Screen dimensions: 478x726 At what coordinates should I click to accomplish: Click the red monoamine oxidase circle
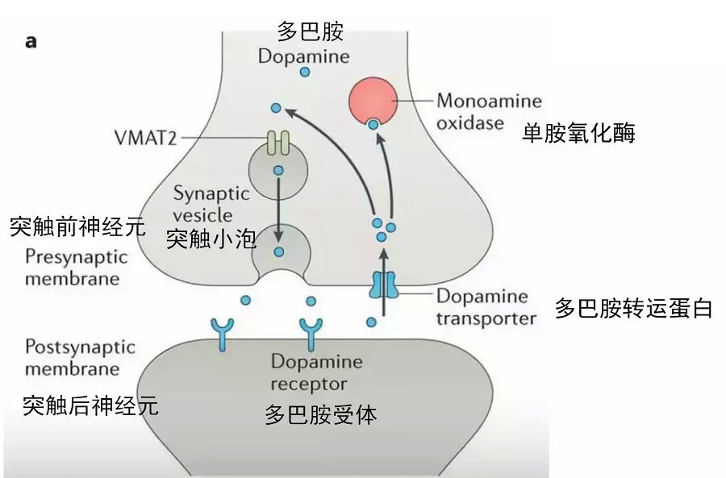click(x=373, y=100)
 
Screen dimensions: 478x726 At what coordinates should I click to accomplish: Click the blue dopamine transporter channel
click(x=384, y=285)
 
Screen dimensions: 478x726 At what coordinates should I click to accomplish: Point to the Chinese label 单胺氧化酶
click(x=578, y=132)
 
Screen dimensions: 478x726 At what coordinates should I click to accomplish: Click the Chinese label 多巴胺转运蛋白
click(x=633, y=308)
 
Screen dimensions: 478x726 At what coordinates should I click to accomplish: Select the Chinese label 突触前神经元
click(x=77, y=227)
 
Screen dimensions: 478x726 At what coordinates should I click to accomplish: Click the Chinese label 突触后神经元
click(x=90, y=405)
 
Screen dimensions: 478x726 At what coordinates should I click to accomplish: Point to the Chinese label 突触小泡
click(x=211, y=239)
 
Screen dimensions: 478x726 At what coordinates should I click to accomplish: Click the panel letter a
click(x=31, y=41)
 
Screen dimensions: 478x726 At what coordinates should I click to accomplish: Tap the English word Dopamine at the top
click(x=303, y=56)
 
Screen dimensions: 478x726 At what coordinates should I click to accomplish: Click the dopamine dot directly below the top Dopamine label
click(x=305, y=73)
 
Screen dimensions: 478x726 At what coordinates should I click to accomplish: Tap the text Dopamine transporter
click(x=486, y=307)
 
